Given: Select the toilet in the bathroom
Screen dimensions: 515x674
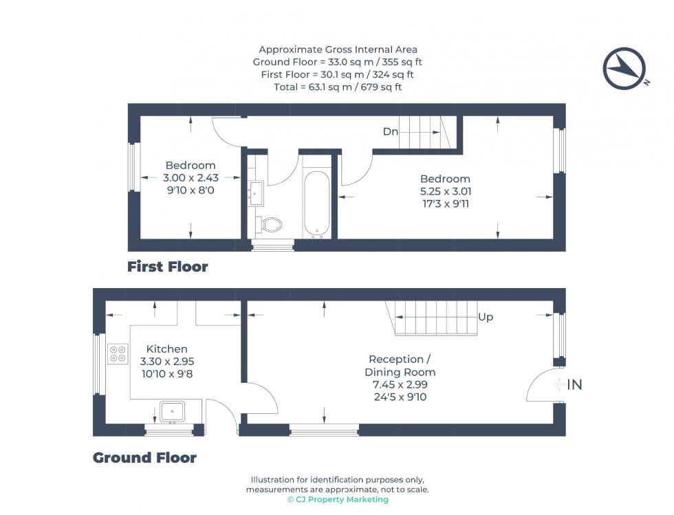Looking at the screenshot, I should pyautogui.click(x=270, y=224).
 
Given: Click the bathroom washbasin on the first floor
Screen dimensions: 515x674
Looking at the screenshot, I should pyautogui.click(x=257, y=193).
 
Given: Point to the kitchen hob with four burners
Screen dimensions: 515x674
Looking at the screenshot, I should pyautogui.click(x=118, y=353).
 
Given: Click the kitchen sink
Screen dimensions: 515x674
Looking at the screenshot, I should pyautogui.click(x=172, y=411).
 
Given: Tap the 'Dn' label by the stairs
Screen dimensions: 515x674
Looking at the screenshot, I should pyautogui.click(x=391, y=132).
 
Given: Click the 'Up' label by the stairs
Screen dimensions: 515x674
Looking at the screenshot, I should pyautogui.click(x=486, y=318).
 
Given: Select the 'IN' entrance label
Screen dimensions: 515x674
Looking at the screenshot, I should pyautogui.click(x=574, y=385).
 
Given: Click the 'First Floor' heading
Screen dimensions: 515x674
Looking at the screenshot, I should pyautogui.click(x=167, y=267).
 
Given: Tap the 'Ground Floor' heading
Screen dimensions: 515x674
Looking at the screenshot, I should pyautogui.click(x=144, y=458).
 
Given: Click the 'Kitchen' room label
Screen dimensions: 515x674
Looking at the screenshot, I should pyautogui.click(x=166, y=349).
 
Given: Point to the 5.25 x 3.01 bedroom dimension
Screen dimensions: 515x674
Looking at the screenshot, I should pyautogui.click(x=446, y=191).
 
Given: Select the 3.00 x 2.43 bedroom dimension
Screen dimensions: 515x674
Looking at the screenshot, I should pyautogui.click(x=190, y=177).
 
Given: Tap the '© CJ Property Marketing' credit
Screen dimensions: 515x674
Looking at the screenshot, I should pyautogui.click(x=337, y=500).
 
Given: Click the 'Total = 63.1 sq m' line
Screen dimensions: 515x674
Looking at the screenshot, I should pyautogui.click(x=337, y=87).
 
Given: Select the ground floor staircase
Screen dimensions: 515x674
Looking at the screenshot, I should pyautogui.click(x=436, y=318).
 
